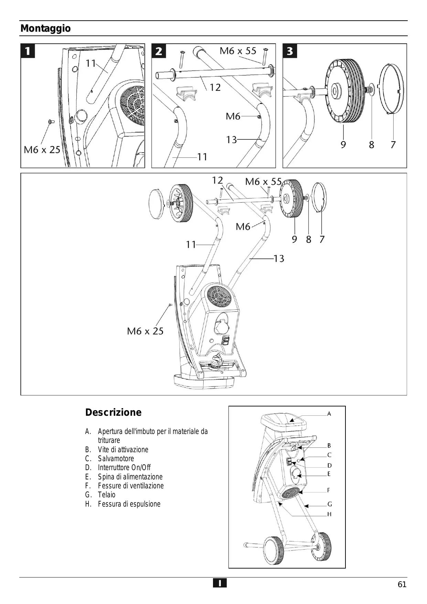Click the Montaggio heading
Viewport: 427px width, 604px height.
46,29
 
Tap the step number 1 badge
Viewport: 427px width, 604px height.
28,51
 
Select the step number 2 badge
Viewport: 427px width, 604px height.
159,51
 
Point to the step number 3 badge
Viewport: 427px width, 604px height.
290,51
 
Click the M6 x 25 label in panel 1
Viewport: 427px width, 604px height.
42,150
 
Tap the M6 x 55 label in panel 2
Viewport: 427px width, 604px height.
238,51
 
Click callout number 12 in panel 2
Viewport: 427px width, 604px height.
215,87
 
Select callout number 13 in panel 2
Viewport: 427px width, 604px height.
231,140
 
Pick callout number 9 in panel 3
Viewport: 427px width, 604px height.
343,145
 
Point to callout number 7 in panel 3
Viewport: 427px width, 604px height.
393,145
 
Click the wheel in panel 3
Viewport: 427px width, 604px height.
344,91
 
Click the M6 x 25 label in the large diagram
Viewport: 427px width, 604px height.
145,331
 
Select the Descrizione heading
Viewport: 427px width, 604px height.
113,412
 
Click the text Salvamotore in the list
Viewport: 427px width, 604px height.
116,458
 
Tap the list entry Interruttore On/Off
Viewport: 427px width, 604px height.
124,467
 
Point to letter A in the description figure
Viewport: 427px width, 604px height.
329,414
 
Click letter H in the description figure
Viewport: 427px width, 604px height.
329,514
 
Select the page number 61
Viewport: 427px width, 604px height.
402,584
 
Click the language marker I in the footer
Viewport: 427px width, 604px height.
220,583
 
